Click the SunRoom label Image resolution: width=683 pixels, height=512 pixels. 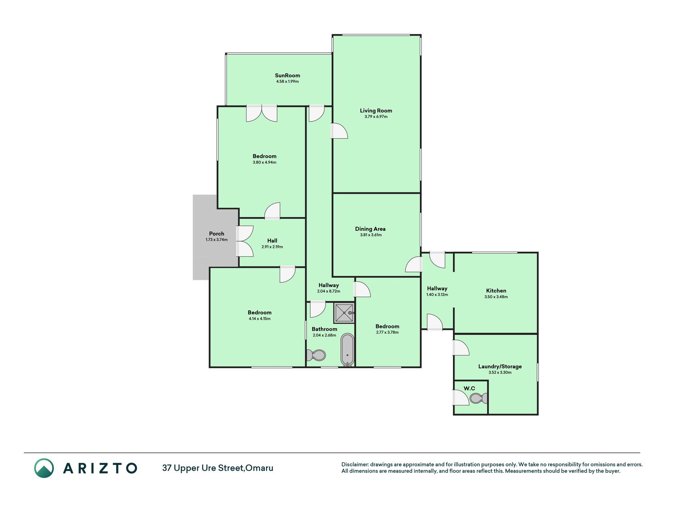287,75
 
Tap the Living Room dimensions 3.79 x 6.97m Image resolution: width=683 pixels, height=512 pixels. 376,117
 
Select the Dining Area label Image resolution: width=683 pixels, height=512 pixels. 370,229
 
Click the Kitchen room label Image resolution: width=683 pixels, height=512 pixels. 496,291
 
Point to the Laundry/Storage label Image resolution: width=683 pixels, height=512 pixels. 500,366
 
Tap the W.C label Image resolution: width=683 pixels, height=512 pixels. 469,388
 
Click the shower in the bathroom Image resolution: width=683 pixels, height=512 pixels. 344,313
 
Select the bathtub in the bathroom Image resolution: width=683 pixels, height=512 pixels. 347,350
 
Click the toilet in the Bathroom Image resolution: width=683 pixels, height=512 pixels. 316,355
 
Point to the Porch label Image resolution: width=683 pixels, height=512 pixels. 216,234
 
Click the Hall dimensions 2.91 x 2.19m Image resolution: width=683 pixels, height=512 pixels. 272,247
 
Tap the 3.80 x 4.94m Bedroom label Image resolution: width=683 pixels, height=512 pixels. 264,156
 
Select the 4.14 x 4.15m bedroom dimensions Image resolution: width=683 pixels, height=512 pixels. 260,319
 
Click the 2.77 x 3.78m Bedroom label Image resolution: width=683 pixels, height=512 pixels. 387,326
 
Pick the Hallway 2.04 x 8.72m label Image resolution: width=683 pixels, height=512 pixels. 328,285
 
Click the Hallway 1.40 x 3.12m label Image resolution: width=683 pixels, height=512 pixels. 437,288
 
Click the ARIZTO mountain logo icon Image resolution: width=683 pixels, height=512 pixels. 44,468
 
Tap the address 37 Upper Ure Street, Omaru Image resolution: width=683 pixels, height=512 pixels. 218,468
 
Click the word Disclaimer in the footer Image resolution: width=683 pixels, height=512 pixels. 355,464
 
